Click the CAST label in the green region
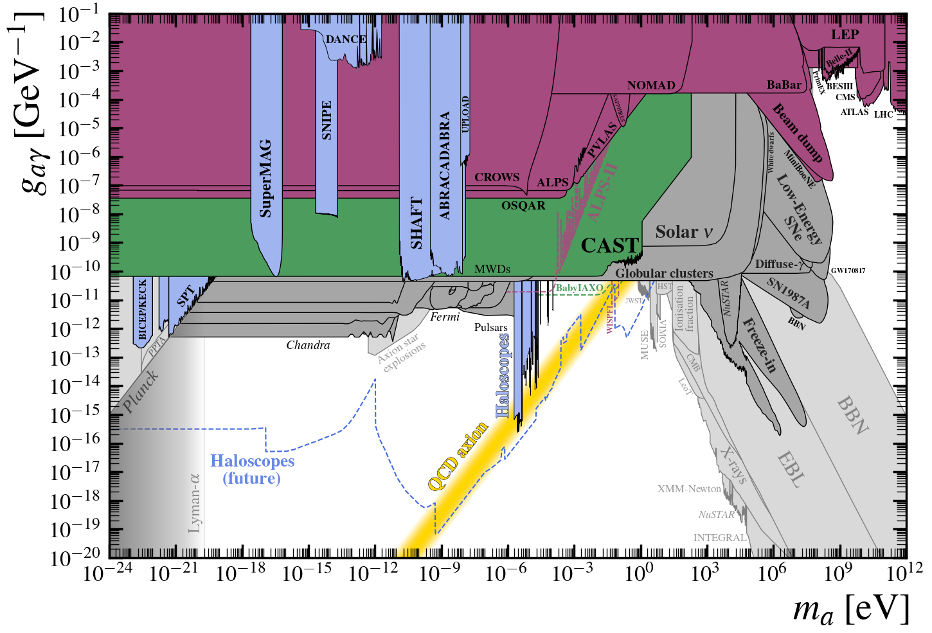pos(609,245)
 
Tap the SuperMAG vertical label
pos(265,178)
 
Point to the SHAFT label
pos(417,223)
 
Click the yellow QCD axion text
pos(458,457)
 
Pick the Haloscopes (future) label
pos(252,470)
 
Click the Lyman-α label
pos(195,503)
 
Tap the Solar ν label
pos(684,232)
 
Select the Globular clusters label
pos(664,273)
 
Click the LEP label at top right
pos(845,35)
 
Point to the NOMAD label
pos(651,85)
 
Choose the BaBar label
pos(784,85)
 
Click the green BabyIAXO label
pos(579,288)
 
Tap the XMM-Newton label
pos(689,489)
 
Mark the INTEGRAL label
pos(720,538)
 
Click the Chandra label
pos(308,345)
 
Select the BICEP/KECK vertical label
pos(143,309)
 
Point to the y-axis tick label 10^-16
pos(76,443)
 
